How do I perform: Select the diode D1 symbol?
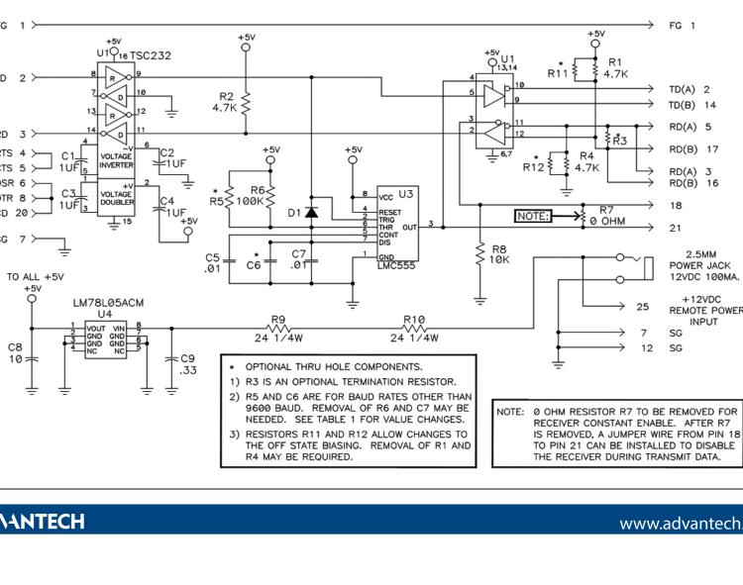click(311, 212)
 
